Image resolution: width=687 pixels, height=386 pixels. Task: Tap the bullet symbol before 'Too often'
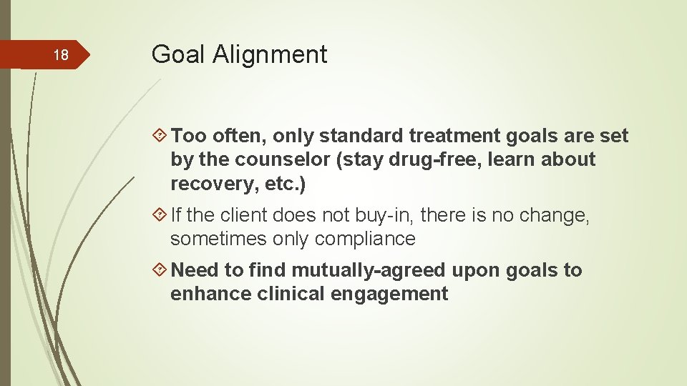pyautogui.click(x=161, y=136)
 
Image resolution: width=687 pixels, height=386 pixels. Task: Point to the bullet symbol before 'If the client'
pyautogui.click(x=161, y=214)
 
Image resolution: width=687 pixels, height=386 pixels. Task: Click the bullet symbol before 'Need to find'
pyautogui.click(x=161, y=270)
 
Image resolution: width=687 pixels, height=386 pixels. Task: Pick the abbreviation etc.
pyautogui.click(x=284, y=184)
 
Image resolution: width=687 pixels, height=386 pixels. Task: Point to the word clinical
pyautogui.click(x=293, y=294)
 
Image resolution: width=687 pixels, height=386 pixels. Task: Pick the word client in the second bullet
pyautogui.click(x=247, y=214)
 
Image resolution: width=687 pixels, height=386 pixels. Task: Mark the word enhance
pyautogui.click(x=210, y=294)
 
